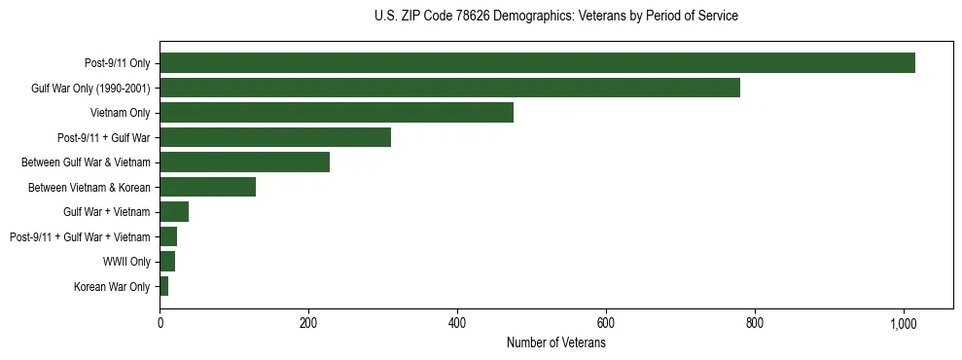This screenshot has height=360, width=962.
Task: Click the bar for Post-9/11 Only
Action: point(537,63)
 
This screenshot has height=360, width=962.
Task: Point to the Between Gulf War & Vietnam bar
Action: point(244,162)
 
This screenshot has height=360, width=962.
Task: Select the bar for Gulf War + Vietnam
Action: point(174,212)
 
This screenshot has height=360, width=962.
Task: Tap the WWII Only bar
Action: point(167,262)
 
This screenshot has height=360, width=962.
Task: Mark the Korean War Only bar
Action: point(164,286)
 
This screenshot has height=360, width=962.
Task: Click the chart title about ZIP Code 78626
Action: point(555,17)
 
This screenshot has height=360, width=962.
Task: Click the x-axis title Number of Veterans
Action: point(555,343)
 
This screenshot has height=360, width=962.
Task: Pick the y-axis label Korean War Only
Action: point(112,286)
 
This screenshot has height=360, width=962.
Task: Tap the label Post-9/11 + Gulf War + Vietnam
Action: point(80,236)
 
